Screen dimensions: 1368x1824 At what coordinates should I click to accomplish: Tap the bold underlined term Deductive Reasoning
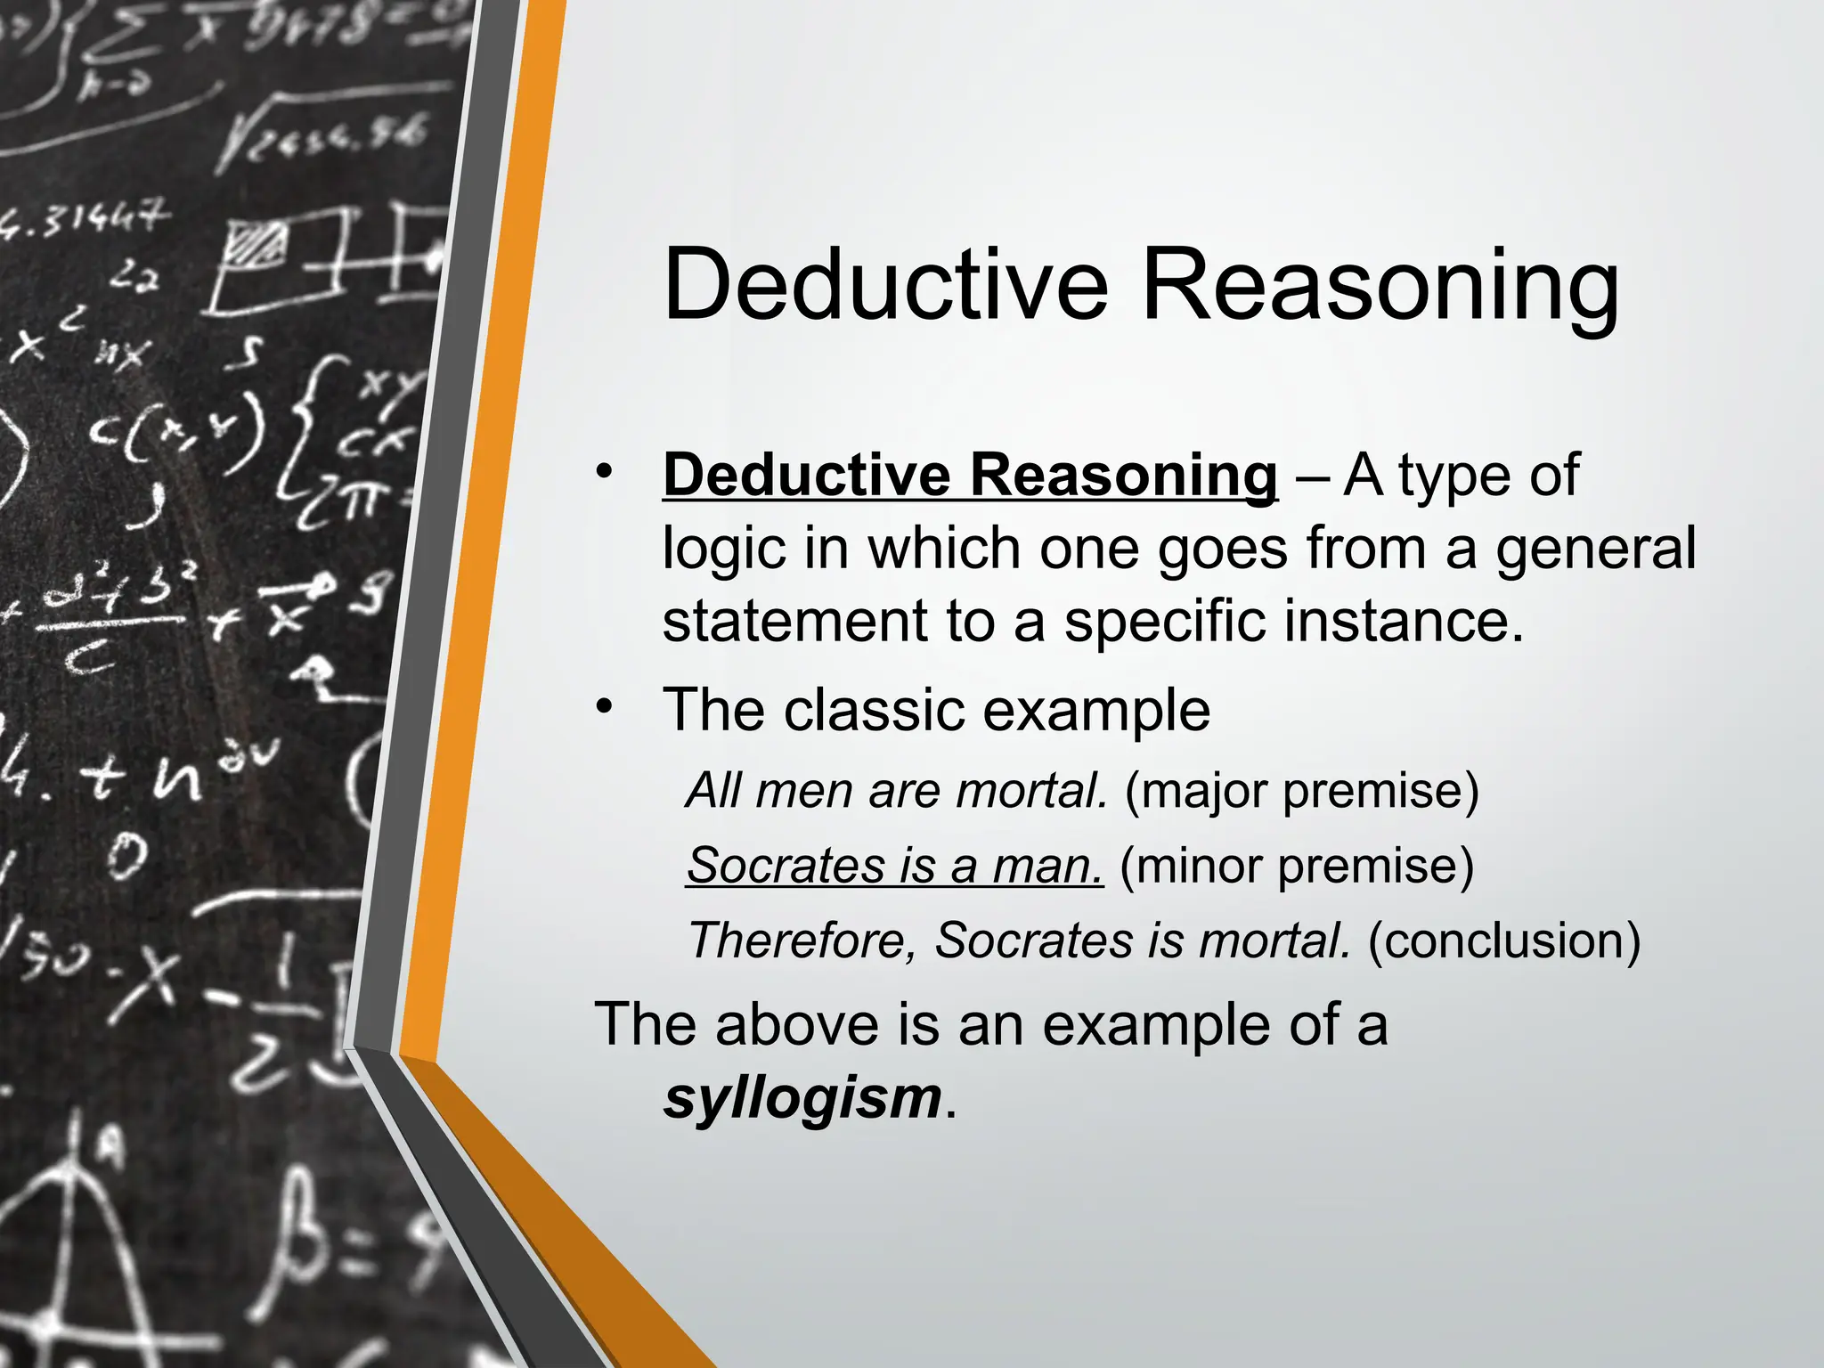[970, 475]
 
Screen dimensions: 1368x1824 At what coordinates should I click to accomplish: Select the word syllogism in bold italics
[802, 1097]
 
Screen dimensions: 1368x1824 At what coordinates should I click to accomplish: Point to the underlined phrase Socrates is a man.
[894, 865]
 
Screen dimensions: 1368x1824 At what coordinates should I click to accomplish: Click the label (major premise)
[1301, 790]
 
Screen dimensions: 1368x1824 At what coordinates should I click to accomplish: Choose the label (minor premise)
[1297, 865]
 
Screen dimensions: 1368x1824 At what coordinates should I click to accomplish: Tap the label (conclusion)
[1503, 940]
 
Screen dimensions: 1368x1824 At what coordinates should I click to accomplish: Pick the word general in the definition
[1595, 548]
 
